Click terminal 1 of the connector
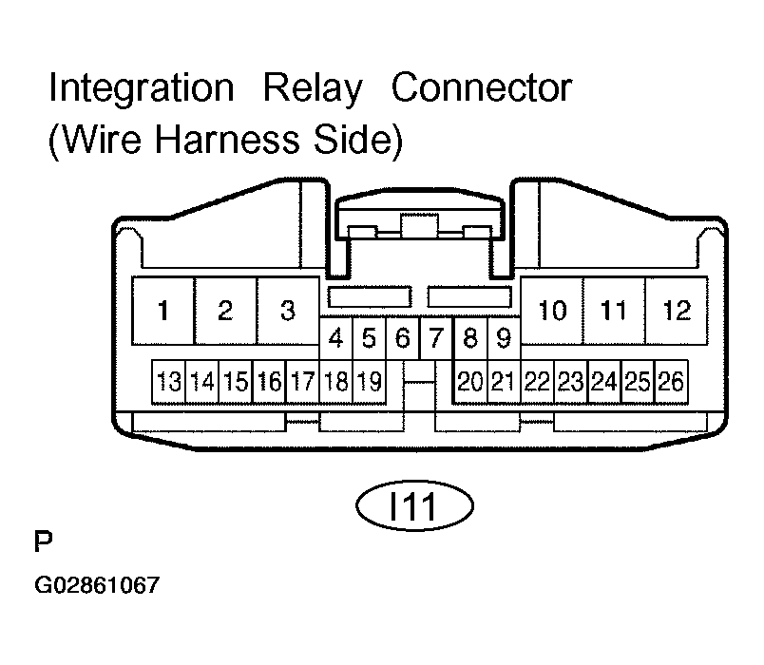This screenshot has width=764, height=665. tap(163, 311)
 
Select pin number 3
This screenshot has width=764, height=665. tap(288, 311)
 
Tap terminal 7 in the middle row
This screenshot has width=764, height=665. tap(436, 338)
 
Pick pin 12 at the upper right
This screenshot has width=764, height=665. tap(677, 311)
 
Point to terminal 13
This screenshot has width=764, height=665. tap(168, 382)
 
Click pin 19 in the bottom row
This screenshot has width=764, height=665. tap(370, 382)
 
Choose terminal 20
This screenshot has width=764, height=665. tap(470, 382)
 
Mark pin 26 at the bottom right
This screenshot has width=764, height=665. tap(672, 382)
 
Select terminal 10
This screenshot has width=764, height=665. tap(552, 311)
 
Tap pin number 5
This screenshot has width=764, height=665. tap(370, 338)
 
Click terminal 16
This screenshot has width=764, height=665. tap(270, 382)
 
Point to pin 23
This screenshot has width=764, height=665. tap(571, 382)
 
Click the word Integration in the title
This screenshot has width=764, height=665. tap(142, 89)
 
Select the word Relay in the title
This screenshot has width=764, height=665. tap(313, 89)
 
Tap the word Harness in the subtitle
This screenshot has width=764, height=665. tap(226, 140)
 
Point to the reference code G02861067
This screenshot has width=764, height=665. tap(97, 585)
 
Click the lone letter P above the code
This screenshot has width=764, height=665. tap(44, 541)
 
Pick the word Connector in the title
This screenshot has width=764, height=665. tap(482, 88)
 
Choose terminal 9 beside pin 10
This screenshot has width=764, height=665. tap(504, 338)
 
